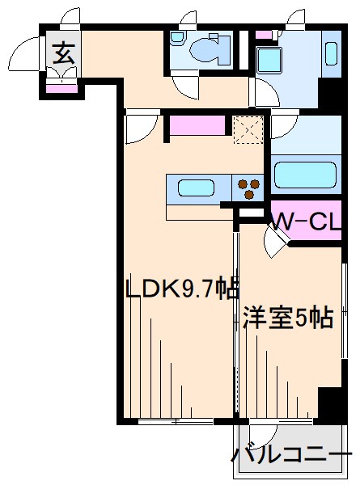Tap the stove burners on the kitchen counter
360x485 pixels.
(x=249, y=188)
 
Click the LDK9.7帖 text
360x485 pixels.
(x=180, y=289)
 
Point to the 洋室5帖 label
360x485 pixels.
(x=288, y=318)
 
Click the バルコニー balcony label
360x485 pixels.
(x=293, y=455)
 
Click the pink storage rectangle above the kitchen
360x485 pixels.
(x=197, y=126)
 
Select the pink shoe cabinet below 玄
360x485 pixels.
(x=59, y=86)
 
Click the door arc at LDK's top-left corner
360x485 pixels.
(x=142, y=128)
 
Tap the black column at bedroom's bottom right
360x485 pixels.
(x=330, y=403)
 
